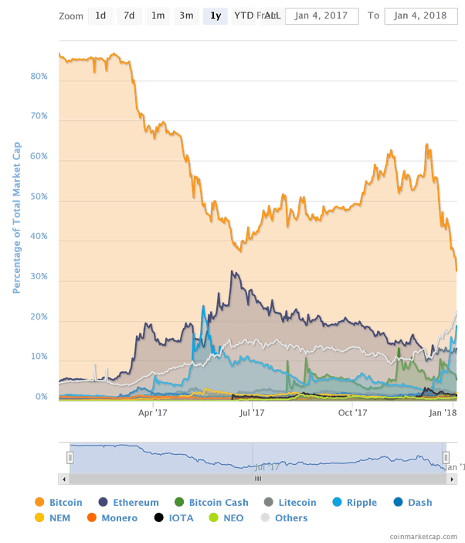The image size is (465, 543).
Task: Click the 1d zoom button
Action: tap(100, 16)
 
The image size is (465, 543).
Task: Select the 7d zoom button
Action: tap(129, 16)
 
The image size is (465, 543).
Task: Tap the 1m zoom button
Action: tap(158, 16)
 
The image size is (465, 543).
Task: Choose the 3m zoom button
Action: tap(186, 16)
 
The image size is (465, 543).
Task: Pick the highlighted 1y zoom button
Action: tap(216, 16)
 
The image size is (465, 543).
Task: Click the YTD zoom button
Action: tap(243, 16)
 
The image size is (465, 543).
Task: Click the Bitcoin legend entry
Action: tap(59, 502)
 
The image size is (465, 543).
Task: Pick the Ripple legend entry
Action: tap(357, 502)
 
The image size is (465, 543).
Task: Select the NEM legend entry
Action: tap(53, 518)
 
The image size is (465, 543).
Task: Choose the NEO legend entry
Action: tap(232, 518)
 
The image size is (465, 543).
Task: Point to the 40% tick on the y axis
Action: tap(39, 237)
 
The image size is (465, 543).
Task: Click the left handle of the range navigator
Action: tap(70, 458)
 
